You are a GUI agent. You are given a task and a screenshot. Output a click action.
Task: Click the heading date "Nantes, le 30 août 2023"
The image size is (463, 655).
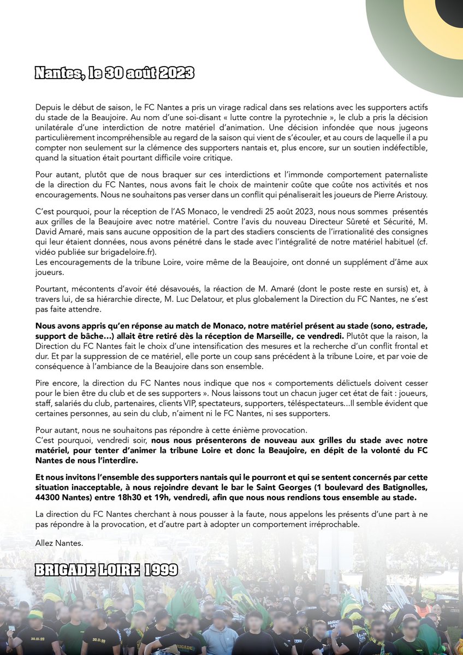[114, 73]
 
